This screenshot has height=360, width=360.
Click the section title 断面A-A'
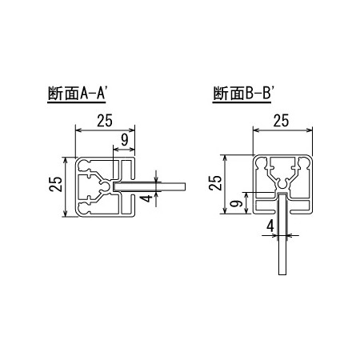[78, 94]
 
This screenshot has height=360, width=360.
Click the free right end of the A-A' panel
[185, 186]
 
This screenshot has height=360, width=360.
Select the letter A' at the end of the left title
[102, 94]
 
